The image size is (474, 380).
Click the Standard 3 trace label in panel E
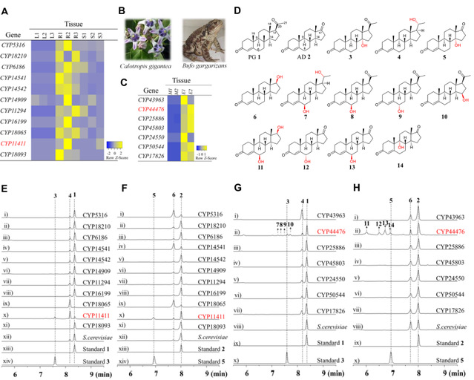98,361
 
